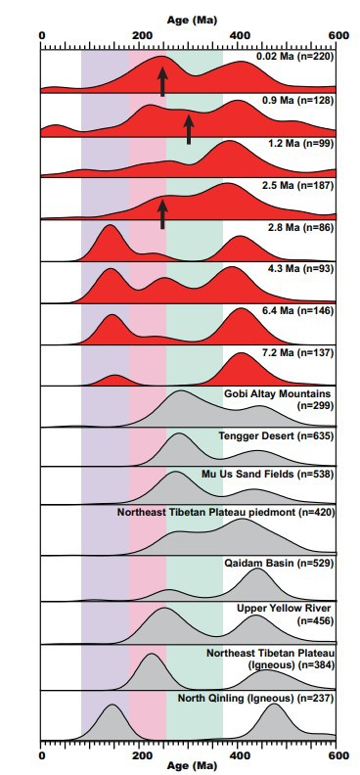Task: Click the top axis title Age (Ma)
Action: coord(192,21)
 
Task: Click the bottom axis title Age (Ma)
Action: coord(192,766)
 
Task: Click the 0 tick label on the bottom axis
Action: coord(42,755)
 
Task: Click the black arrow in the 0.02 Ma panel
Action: coord(162,80)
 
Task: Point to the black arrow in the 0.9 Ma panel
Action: coord(188,128)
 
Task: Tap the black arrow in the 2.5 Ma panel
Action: coord(162,212)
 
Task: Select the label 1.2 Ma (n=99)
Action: coord(298,144)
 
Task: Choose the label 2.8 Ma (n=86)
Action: coord(298,228)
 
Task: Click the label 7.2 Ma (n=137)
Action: coord(295,353)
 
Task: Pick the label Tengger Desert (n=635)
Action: coord(277,436)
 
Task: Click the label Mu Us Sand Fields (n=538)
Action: coord(268,475)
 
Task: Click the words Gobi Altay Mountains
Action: coord(278,394)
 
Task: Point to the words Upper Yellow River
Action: coord(284,608)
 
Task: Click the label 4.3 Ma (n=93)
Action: coord(298,269)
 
